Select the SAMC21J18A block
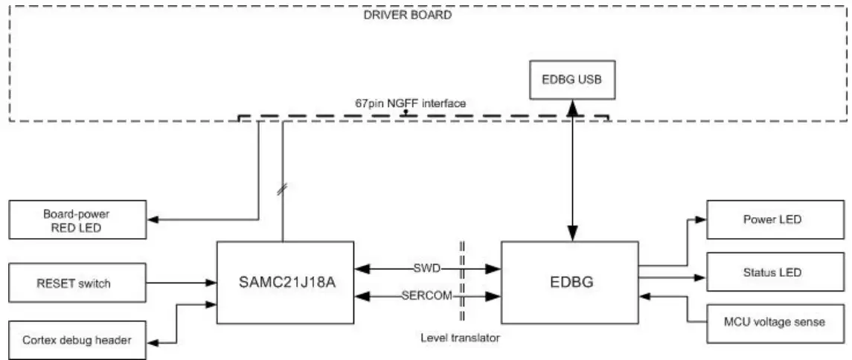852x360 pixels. [285, 282]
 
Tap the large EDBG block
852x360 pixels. [569, 282]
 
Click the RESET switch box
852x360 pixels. [77, 282]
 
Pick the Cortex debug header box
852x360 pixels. [77, 340]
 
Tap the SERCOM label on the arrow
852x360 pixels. [427, 296]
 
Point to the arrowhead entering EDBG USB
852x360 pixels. [572, 106]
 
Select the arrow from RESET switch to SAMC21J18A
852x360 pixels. [178, 282]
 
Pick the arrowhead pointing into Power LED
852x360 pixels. [699, 220]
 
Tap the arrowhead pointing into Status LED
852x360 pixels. [699, 277]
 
